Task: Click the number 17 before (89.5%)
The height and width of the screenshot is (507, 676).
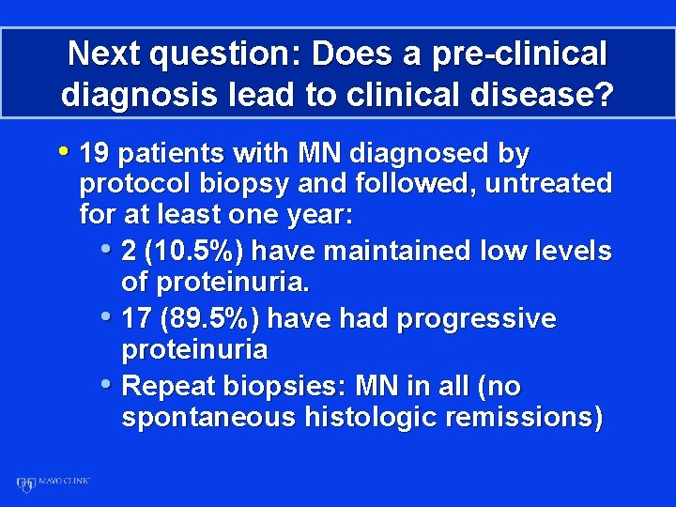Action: (x=137, y=319)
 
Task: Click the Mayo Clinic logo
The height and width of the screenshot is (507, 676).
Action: (x=53, y=484)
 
